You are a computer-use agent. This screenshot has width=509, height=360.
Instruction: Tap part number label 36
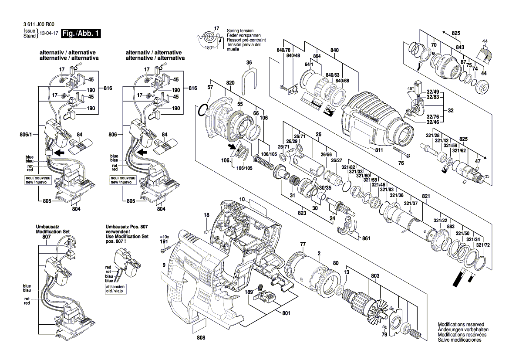249,63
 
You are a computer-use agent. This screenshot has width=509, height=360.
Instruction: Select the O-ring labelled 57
203,111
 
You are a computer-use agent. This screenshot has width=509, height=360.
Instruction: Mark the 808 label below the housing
201,337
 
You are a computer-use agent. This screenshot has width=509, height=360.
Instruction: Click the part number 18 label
207,215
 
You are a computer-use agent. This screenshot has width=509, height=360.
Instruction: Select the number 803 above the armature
375,276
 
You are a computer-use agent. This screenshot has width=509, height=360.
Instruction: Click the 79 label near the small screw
384,335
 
